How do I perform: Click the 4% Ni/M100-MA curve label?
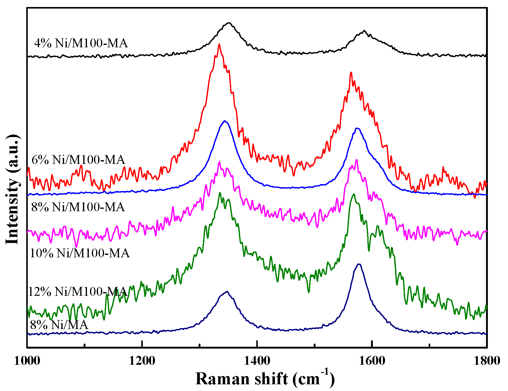click(x=81, y=43)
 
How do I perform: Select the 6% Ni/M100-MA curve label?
click(x=78, y=160)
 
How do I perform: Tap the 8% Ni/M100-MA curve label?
click(x=78, y=207)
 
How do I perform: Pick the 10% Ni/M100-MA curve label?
click(x=80, y=253)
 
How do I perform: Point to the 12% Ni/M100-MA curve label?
click(x=77, y=291)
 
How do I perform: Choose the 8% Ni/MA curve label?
click(x=59, y=324)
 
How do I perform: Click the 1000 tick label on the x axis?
click(x=27, y=361)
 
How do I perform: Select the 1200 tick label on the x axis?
click(x=142, y=361)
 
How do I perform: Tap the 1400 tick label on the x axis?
click(x=257, y=361)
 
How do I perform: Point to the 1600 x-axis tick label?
click(x=372, y=361)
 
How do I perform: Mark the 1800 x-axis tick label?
click(x=487, y=361)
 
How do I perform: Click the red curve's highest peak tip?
click(x=219, y=44)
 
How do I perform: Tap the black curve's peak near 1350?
click(x=229, y=23)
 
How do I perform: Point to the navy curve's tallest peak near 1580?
click(x=359, y=264)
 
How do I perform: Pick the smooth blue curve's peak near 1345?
click(x=225, y=121)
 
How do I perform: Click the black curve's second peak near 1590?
click(x=364, y=31)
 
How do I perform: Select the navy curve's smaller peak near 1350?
click(x=227, y=291)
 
